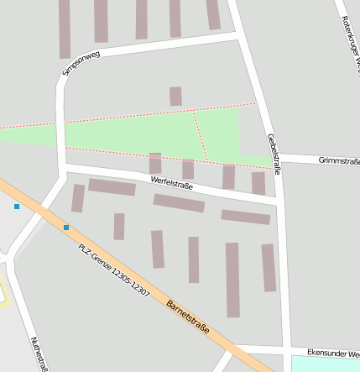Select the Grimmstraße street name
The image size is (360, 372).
(339, 160)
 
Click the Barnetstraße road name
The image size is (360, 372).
(187, 317)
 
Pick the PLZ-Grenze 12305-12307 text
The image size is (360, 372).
(113, 270)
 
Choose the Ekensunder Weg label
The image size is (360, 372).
(333, 354)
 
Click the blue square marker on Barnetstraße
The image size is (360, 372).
(66, 228)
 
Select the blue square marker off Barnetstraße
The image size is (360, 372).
(16, 206)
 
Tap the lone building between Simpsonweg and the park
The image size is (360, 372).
(175, 96)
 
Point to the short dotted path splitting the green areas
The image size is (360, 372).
(201, 136)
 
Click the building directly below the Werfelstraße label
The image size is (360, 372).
(179, 203)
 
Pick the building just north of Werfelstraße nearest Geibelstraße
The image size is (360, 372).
(258, 182)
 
